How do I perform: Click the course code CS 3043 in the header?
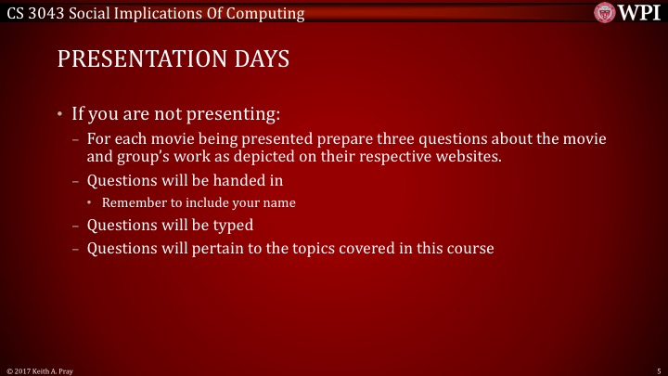[34, 13]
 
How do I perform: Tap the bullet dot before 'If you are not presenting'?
[60, 115]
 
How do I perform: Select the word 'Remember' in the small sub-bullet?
[132, 202]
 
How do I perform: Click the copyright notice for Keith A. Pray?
[40, 370]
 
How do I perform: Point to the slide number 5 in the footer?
[658, 370]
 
